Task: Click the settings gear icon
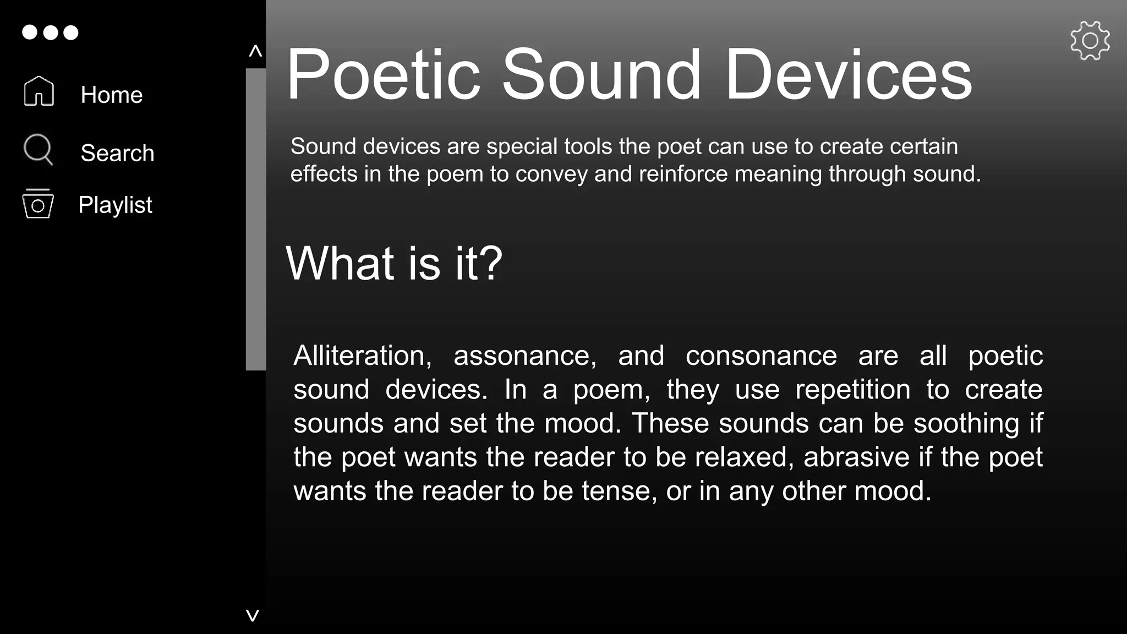tap(1090, 40)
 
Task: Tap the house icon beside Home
tap(39, 91)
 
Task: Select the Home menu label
tap(112, 95)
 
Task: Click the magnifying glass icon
tap(38, 149)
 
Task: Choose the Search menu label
tap(117, 153)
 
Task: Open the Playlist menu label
tap(115, 205)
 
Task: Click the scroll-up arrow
tap(255, 52)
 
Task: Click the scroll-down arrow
tap(253, 615)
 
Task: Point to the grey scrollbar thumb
tap(256, 219)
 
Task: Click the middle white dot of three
tap(50, 32)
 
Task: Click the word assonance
tap(524, 356)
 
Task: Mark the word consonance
tap(761, 356)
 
